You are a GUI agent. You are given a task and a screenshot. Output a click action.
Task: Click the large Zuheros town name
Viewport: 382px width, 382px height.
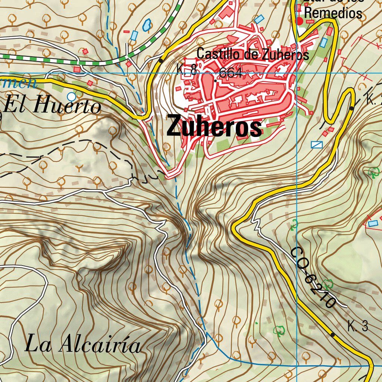(214, 127)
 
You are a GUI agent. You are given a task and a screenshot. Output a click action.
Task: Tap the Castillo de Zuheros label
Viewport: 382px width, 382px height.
(253, 54)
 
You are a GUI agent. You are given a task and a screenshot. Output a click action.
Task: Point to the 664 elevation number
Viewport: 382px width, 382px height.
(231, 73)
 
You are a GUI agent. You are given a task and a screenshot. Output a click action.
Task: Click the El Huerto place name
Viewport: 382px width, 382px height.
(52, 106)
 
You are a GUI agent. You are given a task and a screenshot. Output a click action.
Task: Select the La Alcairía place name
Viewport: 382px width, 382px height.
(83, 344)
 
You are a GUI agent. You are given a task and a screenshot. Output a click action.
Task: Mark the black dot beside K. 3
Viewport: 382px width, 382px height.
(332, 334)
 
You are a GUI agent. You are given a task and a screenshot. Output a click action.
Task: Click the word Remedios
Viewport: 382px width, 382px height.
(333, 13)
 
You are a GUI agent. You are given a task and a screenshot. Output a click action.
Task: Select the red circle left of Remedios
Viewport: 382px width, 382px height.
(299, 21)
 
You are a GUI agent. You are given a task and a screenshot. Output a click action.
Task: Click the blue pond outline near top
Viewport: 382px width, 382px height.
(147, 25)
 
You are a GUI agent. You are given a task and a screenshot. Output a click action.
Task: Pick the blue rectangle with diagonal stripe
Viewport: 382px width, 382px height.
(316, 145)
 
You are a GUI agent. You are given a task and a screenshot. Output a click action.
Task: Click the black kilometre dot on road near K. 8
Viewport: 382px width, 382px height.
(161, 60)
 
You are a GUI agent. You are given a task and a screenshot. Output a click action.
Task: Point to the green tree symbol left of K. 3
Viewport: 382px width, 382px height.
(279, 330)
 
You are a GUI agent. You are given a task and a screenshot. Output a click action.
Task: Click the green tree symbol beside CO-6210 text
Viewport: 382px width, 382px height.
(328, 284)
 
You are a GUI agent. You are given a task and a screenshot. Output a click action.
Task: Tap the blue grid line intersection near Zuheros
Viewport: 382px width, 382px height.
(297, 73)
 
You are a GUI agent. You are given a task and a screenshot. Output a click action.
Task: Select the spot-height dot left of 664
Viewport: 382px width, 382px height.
(216, 80)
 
